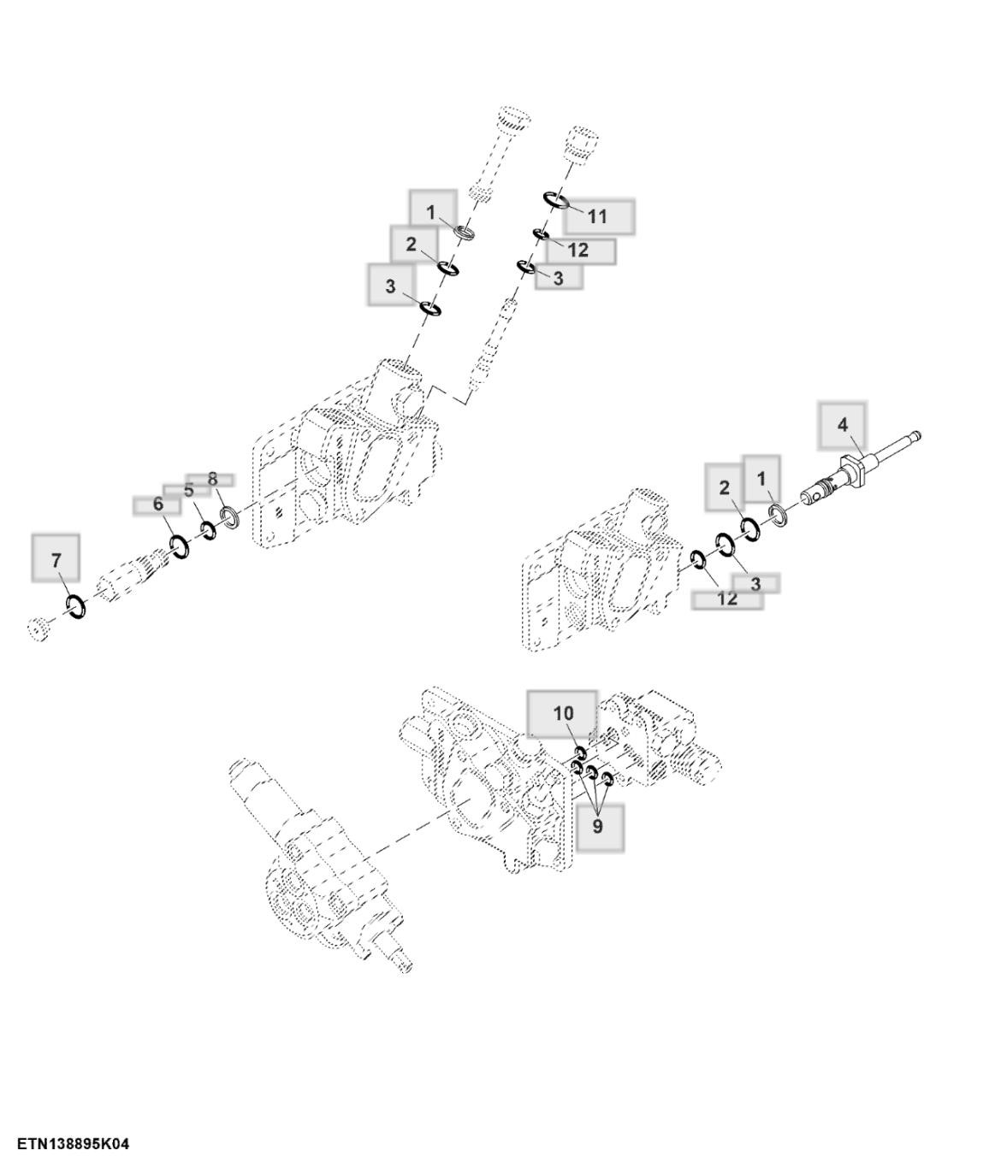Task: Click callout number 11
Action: tap(597, 216)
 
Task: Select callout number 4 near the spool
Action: tap(842, 425)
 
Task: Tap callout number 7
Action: tap(56, 560)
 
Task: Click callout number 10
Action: tap(563, 713)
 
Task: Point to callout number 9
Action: tap(598, 826)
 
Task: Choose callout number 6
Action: tap(157, 504)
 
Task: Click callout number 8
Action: tap(213, 479)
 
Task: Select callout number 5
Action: tap(188, 490)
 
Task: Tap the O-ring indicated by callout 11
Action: tap(556, 200)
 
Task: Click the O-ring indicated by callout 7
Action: tap(75, 606)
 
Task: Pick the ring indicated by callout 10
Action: tap(579, 752)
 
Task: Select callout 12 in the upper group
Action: tap(578, 250)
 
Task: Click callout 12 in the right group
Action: tap(726, 599)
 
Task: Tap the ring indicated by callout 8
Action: tap(229, 516)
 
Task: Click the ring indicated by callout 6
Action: tap(181, 546)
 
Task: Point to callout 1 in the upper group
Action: tap(431, 211)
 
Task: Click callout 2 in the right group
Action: tap(725, 487)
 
